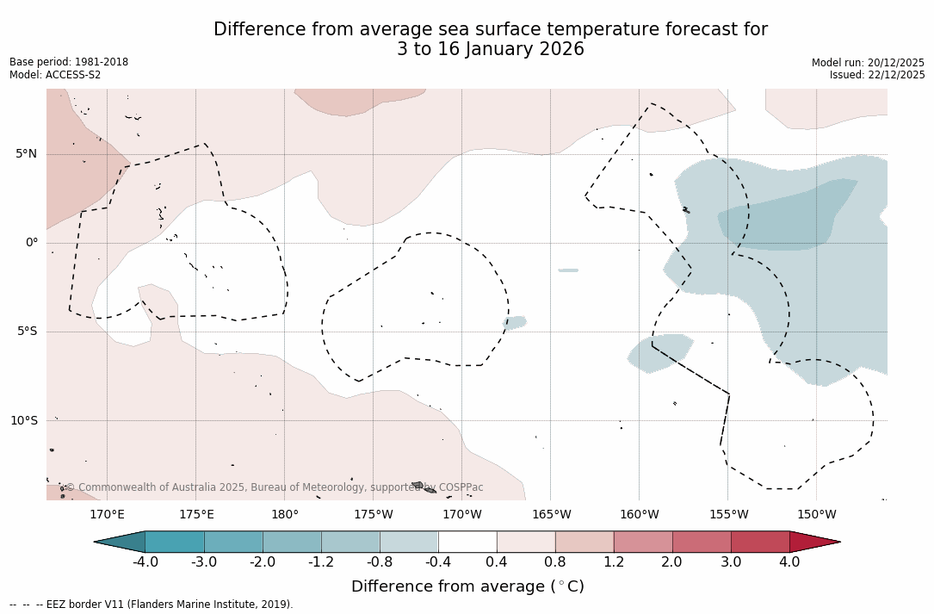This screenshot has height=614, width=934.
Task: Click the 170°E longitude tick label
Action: (107, 515)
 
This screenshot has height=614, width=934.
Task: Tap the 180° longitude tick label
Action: (285, 515)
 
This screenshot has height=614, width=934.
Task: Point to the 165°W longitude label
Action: (551, 515)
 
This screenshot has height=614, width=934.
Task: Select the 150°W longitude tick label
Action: (816, 515)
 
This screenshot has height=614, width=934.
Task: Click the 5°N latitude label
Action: (26, 154)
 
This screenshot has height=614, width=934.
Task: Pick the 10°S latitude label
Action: (23, 421)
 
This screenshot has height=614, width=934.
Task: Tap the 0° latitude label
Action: (31, 243)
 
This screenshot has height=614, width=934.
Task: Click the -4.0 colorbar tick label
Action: (145, 562)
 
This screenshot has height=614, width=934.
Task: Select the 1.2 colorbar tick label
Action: (614, 562)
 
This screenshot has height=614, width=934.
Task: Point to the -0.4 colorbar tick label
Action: (438, 562)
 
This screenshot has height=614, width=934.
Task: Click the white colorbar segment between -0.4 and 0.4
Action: (467, 542)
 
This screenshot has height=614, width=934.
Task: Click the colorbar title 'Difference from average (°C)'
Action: (467, 587)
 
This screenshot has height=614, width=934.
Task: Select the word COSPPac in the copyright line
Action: (461, 487)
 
